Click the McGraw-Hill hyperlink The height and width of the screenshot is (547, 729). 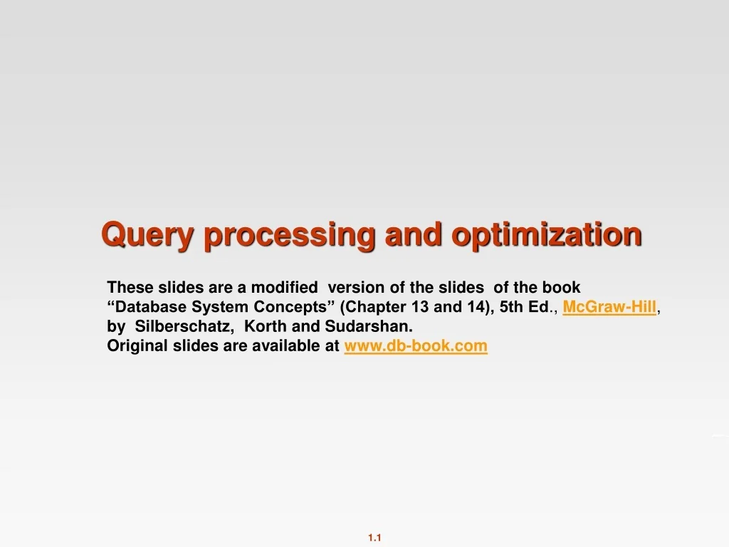coord(609,307)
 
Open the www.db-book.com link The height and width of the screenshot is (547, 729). coord(416,346)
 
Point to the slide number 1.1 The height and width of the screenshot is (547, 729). coord(375,538)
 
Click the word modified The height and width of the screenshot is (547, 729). coord(284,288)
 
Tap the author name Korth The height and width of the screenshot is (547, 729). coord(265,327)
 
